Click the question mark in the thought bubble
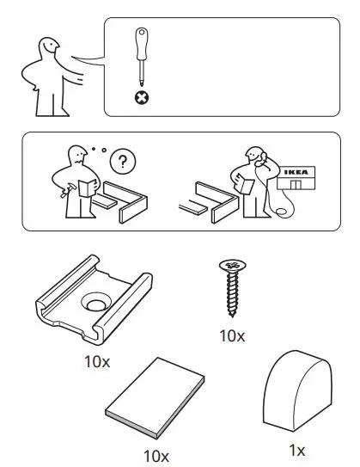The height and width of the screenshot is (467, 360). click(x=125, y=161)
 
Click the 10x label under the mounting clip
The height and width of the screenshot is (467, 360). click(x=97, y=360)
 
